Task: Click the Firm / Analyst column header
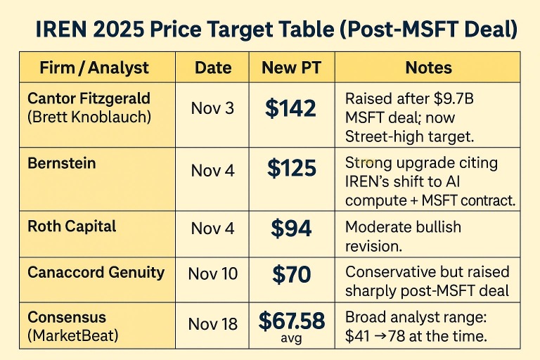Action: tap(94, 67)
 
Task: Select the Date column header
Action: tap(213, 67)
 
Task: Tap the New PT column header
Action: tap(291, 67)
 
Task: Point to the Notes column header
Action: tap(428, 67)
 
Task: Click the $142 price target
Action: tap(290, 108)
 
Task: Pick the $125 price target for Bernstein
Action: tap(291, 169)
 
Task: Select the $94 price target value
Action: tap(291, 229)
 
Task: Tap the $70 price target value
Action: tap(291, 274)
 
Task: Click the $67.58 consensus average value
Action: tap(291, 321)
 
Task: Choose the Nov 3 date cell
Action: tap(212, 108)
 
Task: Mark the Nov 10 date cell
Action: tap(213, 274)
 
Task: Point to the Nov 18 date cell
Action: tap(213, 324)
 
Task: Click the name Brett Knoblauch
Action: tap(89, 117)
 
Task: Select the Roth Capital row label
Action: tap(72, 226)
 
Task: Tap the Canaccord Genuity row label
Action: tap(96, 273)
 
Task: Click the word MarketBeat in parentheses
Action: tap(73, 335)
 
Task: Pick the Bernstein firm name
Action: tap(62, 163)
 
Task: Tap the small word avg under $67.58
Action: tap(291, 338)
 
